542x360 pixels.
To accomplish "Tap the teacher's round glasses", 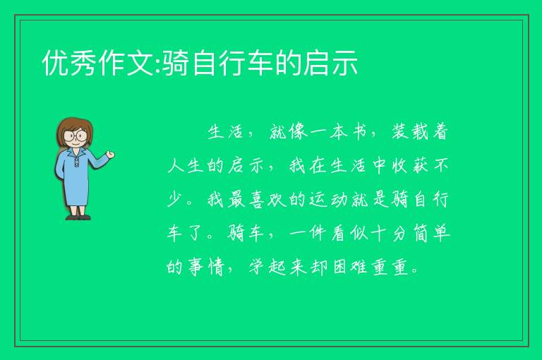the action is pos(75,136).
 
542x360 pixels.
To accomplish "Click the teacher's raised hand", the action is pos(111,155).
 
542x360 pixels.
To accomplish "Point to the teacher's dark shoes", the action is pos(78,217).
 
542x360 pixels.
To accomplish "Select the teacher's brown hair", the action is pos(75,128).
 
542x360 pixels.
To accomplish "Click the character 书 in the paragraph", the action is pos(359,131).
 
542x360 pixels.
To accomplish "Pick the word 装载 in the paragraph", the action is pos(410,131).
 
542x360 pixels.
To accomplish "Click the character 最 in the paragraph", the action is pos(236,199).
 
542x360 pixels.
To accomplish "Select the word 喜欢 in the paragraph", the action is pos(267,199).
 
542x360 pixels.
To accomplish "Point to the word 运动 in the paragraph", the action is pos(328,199).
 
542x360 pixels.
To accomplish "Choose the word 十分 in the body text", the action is pos(389,233).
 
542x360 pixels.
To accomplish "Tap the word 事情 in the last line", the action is pos(206,267).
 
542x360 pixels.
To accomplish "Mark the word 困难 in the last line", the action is pos(349,267).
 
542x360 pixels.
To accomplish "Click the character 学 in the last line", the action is pos(258,267).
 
